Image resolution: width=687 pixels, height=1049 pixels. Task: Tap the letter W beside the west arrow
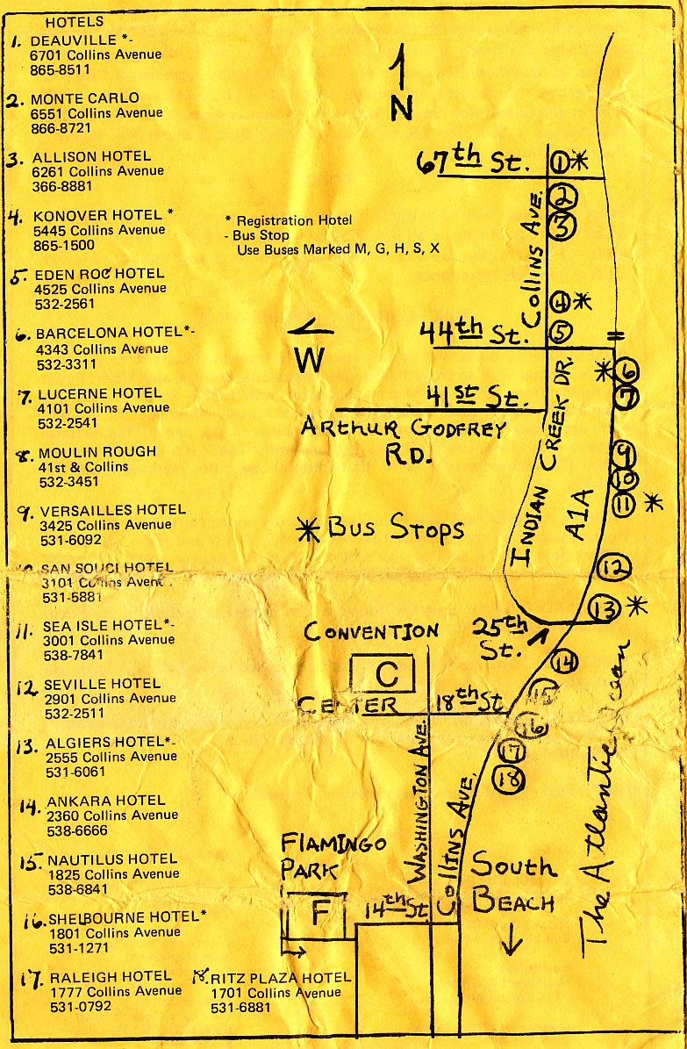309,359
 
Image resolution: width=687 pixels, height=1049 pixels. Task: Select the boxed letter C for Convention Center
387,674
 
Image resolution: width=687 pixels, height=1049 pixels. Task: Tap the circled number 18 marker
510,778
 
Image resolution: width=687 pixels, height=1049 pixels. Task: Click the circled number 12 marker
613,568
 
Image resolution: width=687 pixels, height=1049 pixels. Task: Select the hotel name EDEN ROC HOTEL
97,273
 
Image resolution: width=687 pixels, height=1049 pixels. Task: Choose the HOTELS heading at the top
74,21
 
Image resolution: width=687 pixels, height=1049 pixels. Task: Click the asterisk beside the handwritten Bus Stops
308,528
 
